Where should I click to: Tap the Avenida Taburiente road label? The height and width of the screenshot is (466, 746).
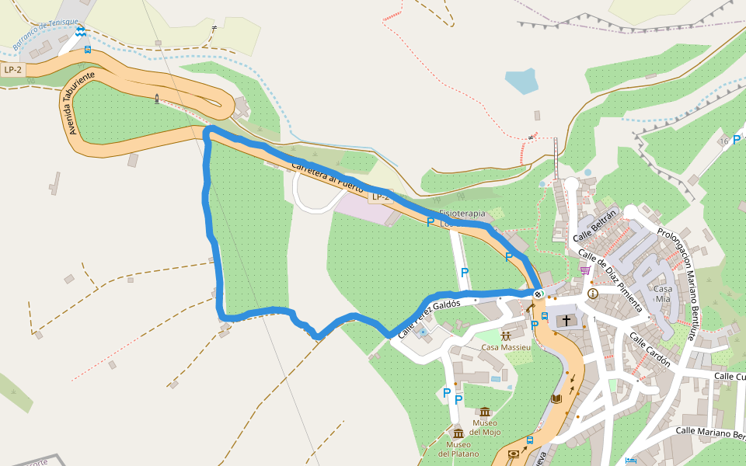click(80, 103)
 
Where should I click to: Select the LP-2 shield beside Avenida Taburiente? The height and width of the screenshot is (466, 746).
click(13, 70)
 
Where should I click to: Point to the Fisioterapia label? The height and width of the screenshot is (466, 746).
click(462, 213)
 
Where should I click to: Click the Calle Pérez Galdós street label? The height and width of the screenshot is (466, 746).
click(430, 318)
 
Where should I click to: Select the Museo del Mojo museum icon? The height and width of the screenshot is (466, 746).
click(485, 412)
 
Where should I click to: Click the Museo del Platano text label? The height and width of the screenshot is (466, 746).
click(458, 449)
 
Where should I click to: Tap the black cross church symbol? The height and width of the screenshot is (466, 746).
click(566, 320)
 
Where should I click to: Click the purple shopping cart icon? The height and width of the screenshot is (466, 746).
click(584, 270)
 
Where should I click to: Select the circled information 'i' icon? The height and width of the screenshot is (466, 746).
click(593, 294)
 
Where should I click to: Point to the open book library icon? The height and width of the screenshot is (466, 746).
click(556, 398)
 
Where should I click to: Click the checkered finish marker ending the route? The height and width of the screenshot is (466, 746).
click(538, 294)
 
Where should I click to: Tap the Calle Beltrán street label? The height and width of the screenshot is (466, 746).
click(594, 226)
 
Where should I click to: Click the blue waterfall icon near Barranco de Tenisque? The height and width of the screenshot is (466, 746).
click(81, 32)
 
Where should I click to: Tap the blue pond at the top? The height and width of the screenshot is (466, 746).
click(521, 81)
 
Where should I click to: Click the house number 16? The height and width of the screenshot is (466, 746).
click(724, 141)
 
